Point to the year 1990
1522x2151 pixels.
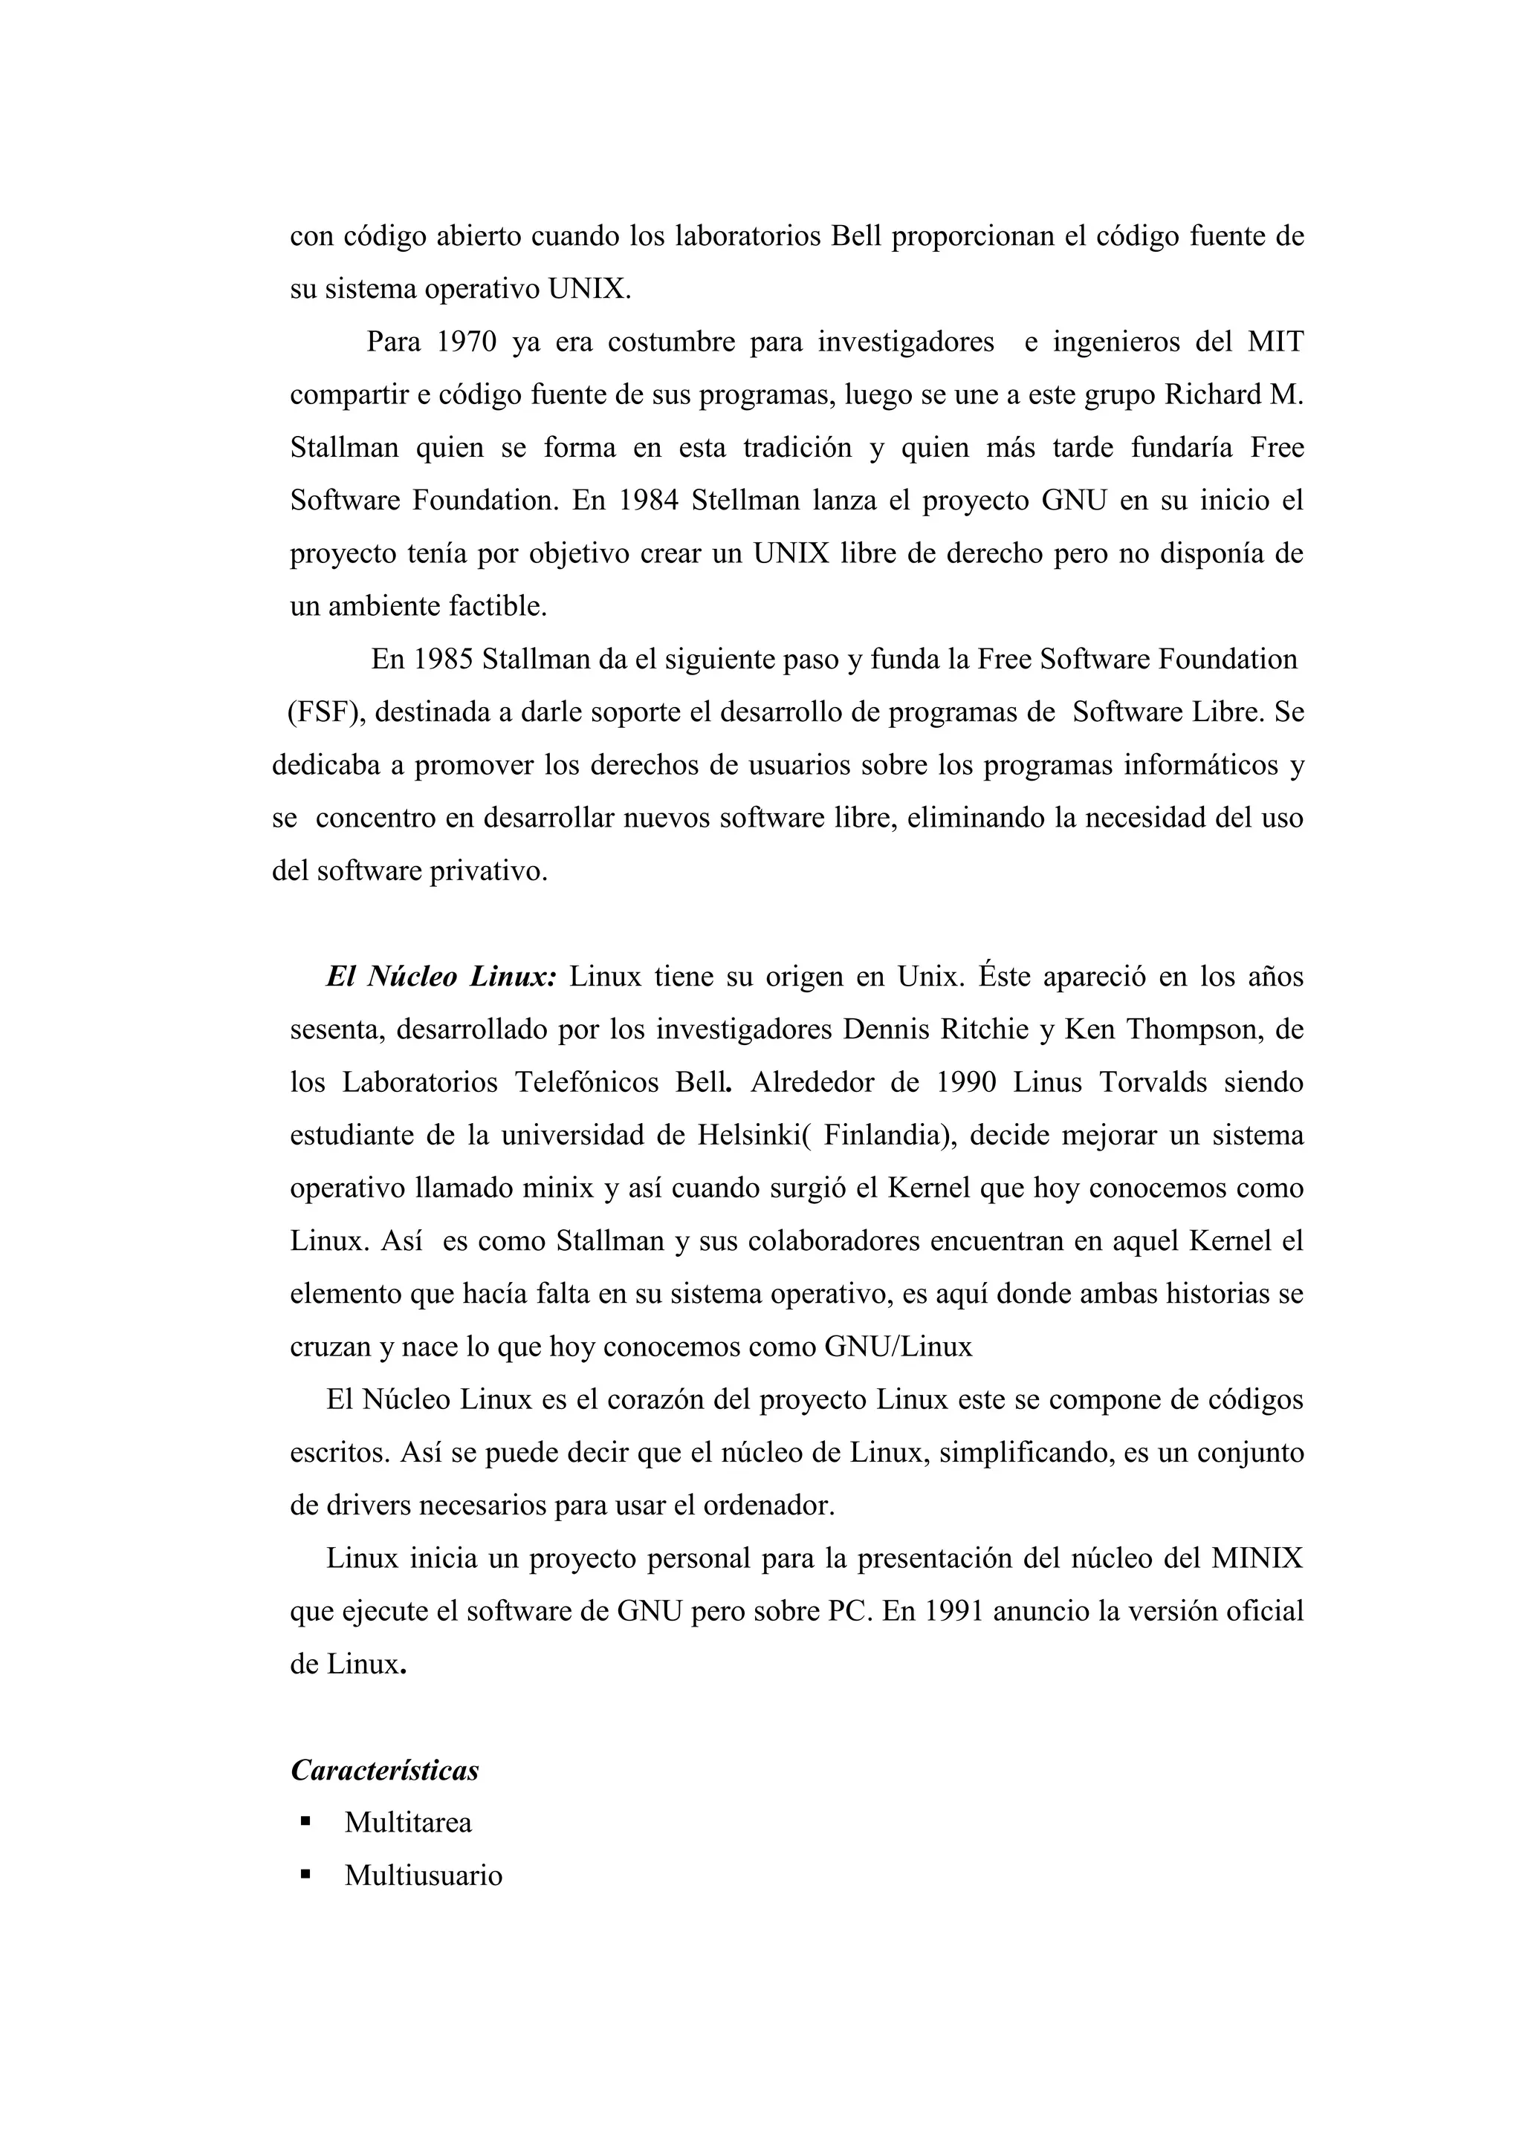[968, 1082]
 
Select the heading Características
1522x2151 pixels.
[384, 1770]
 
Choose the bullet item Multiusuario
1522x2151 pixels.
[423, 1875]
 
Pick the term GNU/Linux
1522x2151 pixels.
[898, 1347]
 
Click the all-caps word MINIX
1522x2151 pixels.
[1257, 1558]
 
